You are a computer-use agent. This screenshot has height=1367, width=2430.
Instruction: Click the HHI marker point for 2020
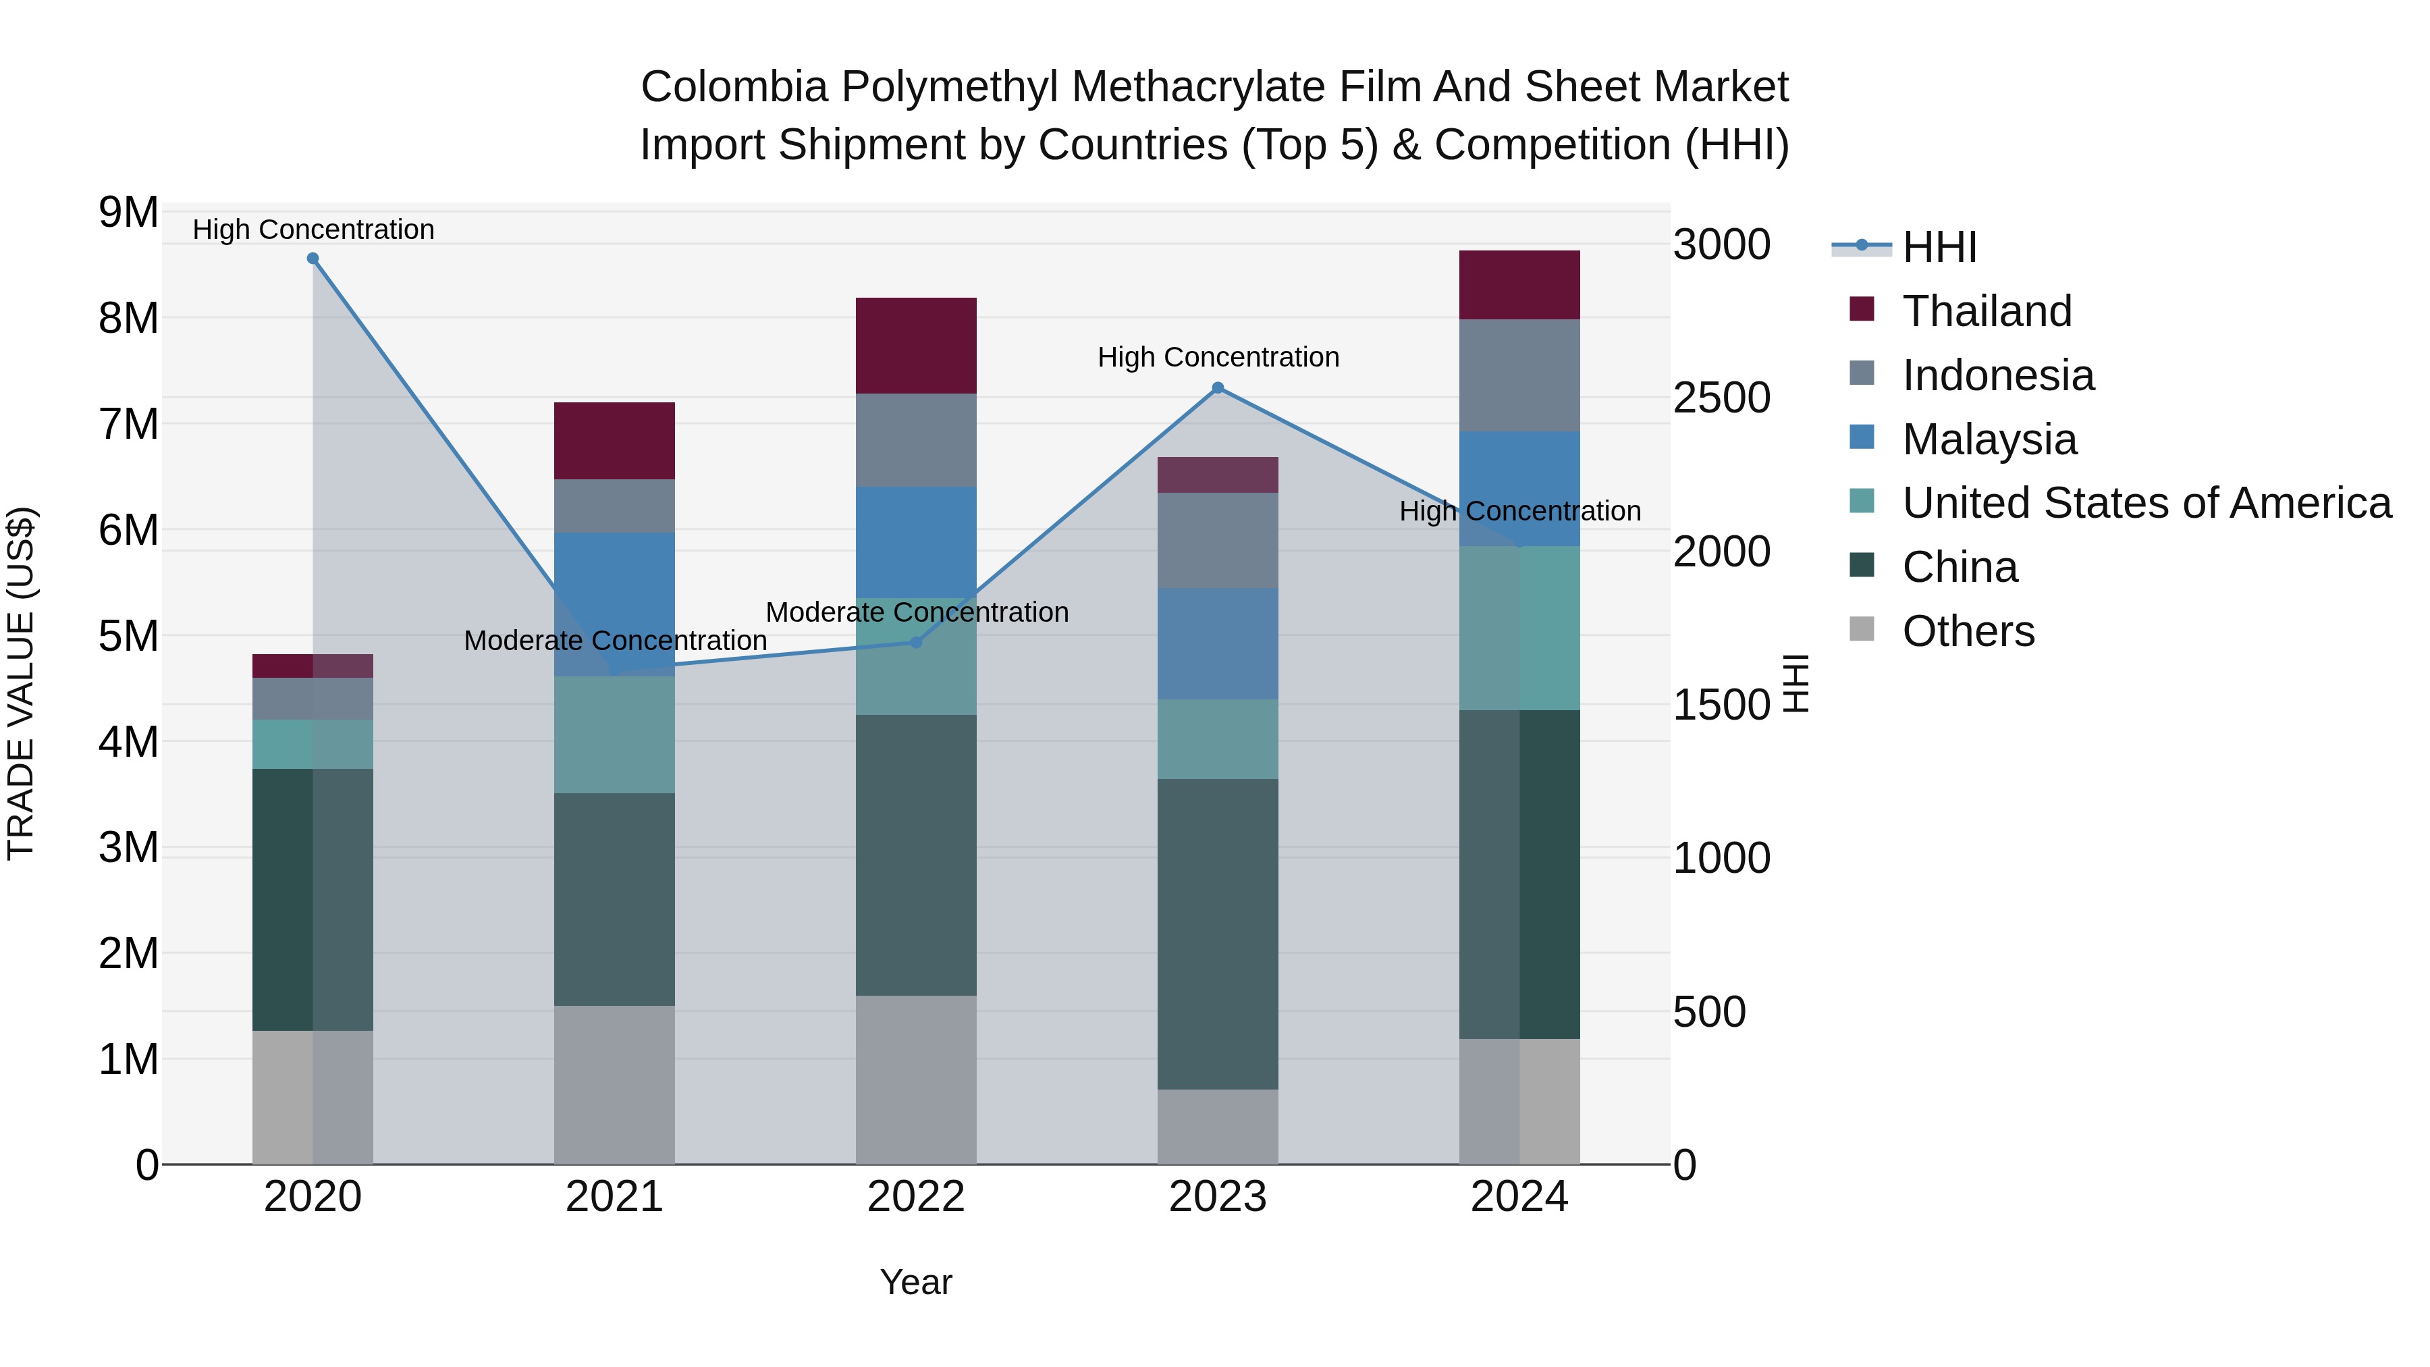pyautogui.click(x=313, y=259)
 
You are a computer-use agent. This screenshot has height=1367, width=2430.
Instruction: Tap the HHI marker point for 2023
pyautogui.click(x=1218, y=387)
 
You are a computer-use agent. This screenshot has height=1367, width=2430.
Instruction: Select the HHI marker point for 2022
pyautogui.click(x=916, y=643)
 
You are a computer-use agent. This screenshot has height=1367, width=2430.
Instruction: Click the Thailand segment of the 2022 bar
pyautogui.click(x=916, y=345)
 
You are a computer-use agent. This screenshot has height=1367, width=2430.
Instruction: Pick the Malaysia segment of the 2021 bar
pyautogui.click(x=614, y=604)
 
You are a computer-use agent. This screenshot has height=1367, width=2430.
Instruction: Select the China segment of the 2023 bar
pyautogui.click(x=1218, y=934)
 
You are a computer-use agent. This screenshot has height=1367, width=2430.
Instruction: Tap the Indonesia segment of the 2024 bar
pyautogui.click(x=1519, y=375)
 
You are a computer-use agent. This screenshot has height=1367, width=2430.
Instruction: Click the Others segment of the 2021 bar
pyautogui.click(x=614, y=1085)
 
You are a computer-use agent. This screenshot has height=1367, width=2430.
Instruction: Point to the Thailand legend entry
pyautogui.click(x=1987, y=311)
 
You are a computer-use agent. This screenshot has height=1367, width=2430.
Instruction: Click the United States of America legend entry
pyautogui.click(x=2146, y=503)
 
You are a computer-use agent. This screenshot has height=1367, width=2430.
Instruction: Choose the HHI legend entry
pyautogui.click(x=1939, y=247)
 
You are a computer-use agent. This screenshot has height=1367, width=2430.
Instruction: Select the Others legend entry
pyautogui.click(x=1968, y=631)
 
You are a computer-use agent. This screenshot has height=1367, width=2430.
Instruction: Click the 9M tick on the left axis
pyautogui.click(x=129, y=213)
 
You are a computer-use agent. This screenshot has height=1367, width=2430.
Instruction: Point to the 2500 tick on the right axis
pyautogui.click(x=1721, y=398)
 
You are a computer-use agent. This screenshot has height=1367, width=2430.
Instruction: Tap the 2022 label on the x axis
pyautogui.click(x=916, y=1197)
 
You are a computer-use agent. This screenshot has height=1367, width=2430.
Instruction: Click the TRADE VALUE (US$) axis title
pyautogui.click(x=21, y=684)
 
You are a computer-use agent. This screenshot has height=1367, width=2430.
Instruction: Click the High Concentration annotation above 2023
pyautogui.click(x=1218, y=358)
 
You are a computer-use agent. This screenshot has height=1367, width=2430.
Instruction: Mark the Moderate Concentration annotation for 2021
pyautogui.click(x=615, y=641)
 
